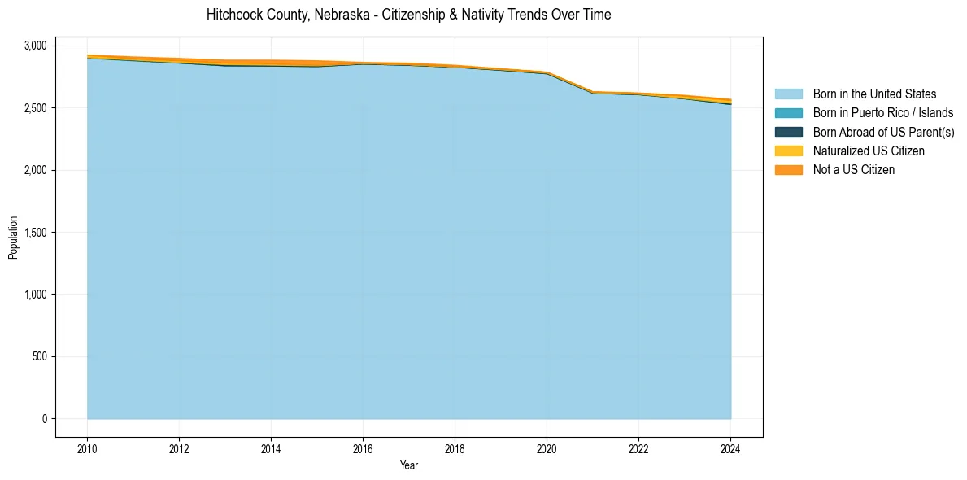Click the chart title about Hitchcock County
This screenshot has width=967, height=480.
(408, 15)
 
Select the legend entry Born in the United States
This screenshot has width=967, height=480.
(874, 94)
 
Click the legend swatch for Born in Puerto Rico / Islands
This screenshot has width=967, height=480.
(788, 113)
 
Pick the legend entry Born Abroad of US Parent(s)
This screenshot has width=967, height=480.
(883, 132)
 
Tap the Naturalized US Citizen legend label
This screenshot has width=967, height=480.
(869, 151)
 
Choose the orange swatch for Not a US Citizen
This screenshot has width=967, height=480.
(788, 170)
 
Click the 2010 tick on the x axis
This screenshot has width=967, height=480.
(87, 447)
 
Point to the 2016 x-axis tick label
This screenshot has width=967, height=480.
(363, 447)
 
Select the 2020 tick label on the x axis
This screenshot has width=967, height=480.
(547, 447)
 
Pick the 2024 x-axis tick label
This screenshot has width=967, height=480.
(730, 447)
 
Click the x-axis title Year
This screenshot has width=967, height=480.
(409, 465)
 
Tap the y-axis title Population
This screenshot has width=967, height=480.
(13, 238)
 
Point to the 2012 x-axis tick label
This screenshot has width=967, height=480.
(179, 447)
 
